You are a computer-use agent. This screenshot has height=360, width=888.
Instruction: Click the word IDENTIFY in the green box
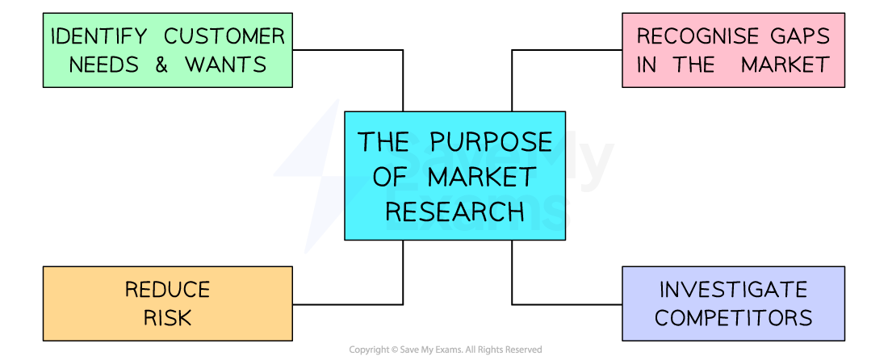click(98, 37)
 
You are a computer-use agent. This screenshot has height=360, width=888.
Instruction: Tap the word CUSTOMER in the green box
click(224, 37)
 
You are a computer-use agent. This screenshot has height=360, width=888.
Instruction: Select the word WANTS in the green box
click(227, 65)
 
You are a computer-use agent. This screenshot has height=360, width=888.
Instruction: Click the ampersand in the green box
click(161, 65)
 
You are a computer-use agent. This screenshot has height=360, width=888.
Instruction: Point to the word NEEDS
click(104, 65)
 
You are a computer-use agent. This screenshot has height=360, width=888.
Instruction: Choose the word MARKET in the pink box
click(785, 65)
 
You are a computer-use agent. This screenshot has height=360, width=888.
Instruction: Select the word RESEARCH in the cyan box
click(454, 211)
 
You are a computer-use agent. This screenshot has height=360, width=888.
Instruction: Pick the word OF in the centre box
click(394, 177)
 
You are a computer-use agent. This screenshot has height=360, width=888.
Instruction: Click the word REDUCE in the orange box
click(167, 290)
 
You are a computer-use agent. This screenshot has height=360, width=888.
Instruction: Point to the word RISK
click(167, 318)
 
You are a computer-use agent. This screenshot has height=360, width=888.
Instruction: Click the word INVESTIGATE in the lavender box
click(733, 290)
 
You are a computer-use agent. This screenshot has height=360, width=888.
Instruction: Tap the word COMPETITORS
click(733, 318)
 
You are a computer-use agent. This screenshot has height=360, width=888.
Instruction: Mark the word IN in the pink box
click(647, 65)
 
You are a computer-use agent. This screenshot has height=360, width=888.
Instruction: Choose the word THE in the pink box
click(693, 65)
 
